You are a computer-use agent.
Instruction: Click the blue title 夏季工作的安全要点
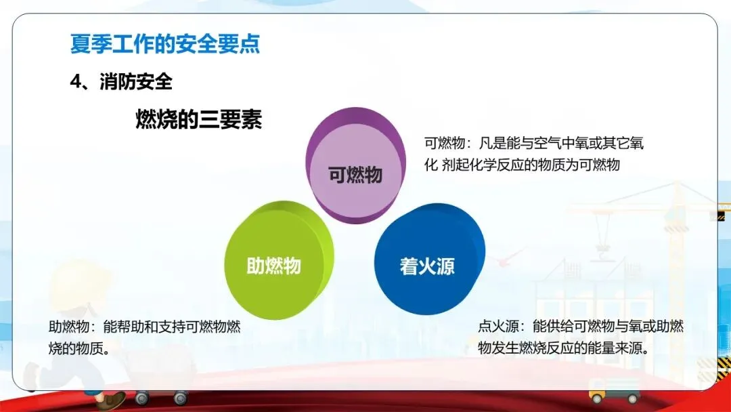(164, 44)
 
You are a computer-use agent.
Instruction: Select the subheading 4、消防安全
(121, 82)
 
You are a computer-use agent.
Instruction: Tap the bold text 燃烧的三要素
(198, 119)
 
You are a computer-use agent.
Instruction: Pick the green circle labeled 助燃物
(279, 260)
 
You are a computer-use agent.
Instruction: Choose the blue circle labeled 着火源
(429, 259)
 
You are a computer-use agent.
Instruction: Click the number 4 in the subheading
(76, 82)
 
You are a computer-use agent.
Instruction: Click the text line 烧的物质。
(80, 348)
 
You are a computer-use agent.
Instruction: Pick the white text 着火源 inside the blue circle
(427, 266)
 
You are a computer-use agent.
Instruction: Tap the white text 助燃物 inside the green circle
(273, 266)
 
